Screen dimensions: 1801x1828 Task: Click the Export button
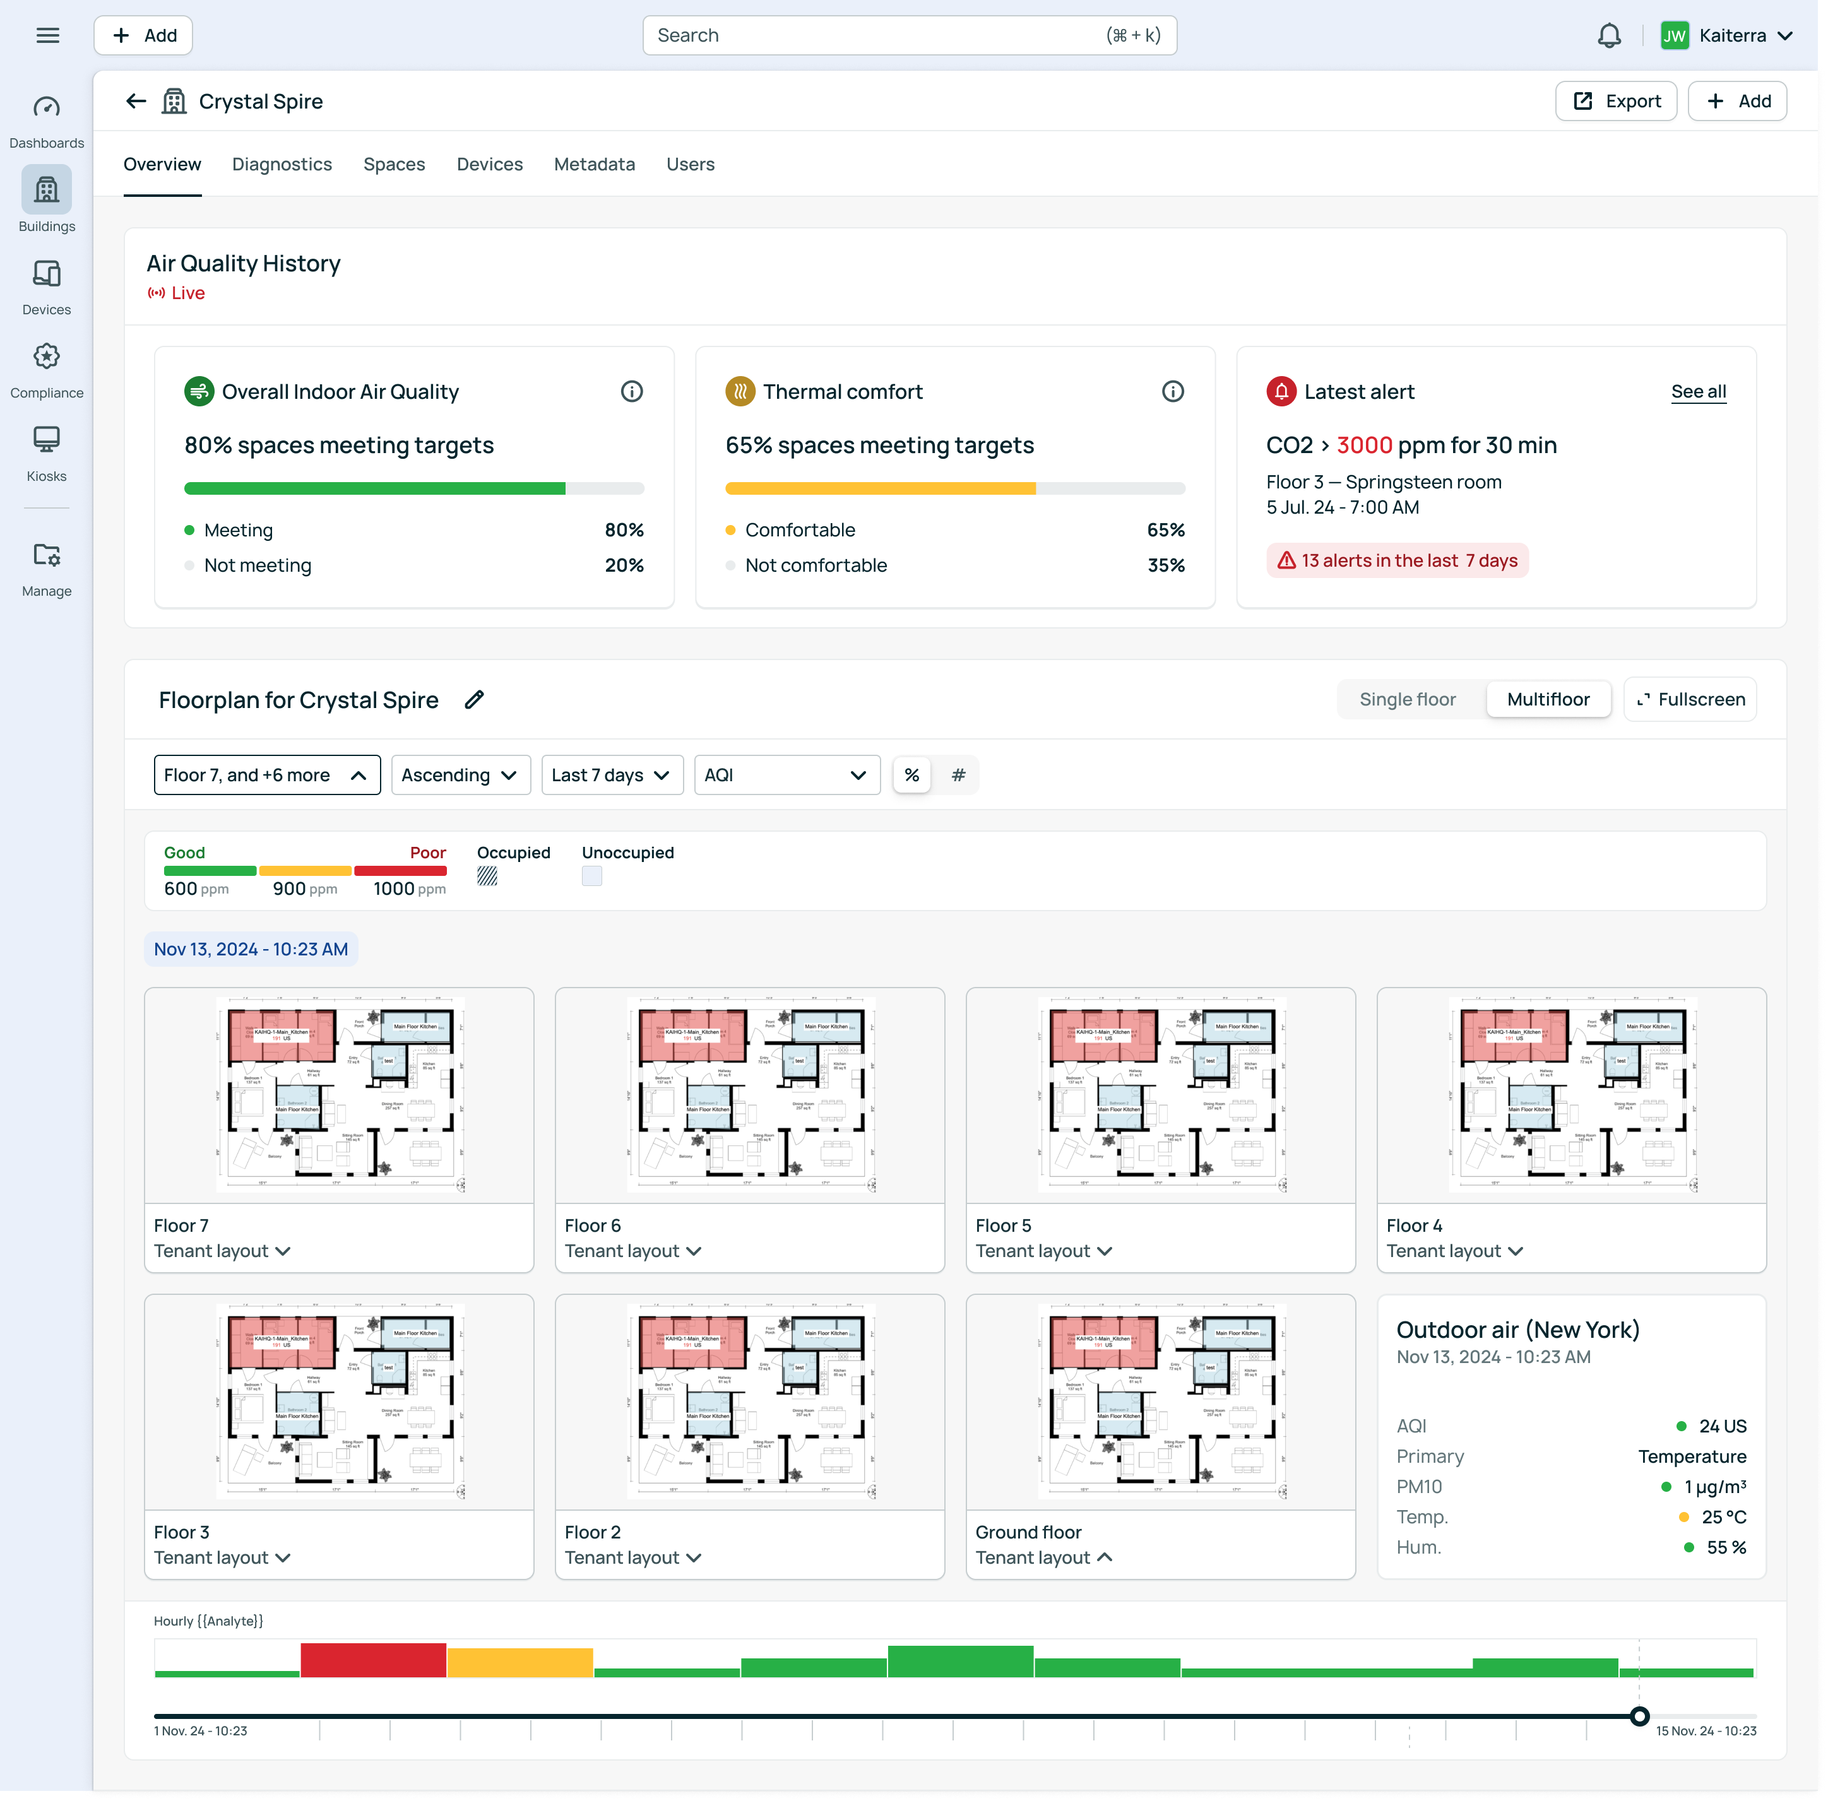click(x=1615, y=101)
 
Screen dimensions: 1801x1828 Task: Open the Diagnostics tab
click(x=282, y=165)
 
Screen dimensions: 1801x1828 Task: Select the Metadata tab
click(x=594, y=165)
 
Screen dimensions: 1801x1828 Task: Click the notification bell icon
click(x=1608, y=36)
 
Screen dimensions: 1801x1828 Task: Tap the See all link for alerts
click(x=1699, y=392)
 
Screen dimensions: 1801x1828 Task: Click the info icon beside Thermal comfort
click(x=1172, y=392)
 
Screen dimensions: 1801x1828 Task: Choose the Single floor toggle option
click(x=1407, y=700)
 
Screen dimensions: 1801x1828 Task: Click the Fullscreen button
click(x=1690, y=700)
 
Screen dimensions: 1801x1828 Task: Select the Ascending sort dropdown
click(x=460, y=776)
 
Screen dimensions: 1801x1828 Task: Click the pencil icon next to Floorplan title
click(x=474, y=700)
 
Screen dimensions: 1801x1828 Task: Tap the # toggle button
click(x=958, y=776)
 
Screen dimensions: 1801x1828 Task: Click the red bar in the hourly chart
click(x=373, y=1660)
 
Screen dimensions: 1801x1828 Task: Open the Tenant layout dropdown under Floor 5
click(x=1043, y=1251)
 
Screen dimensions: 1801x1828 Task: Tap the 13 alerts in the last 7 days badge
click(x=1396, y=561)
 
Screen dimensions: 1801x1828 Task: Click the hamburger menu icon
click(x=47, y=36)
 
